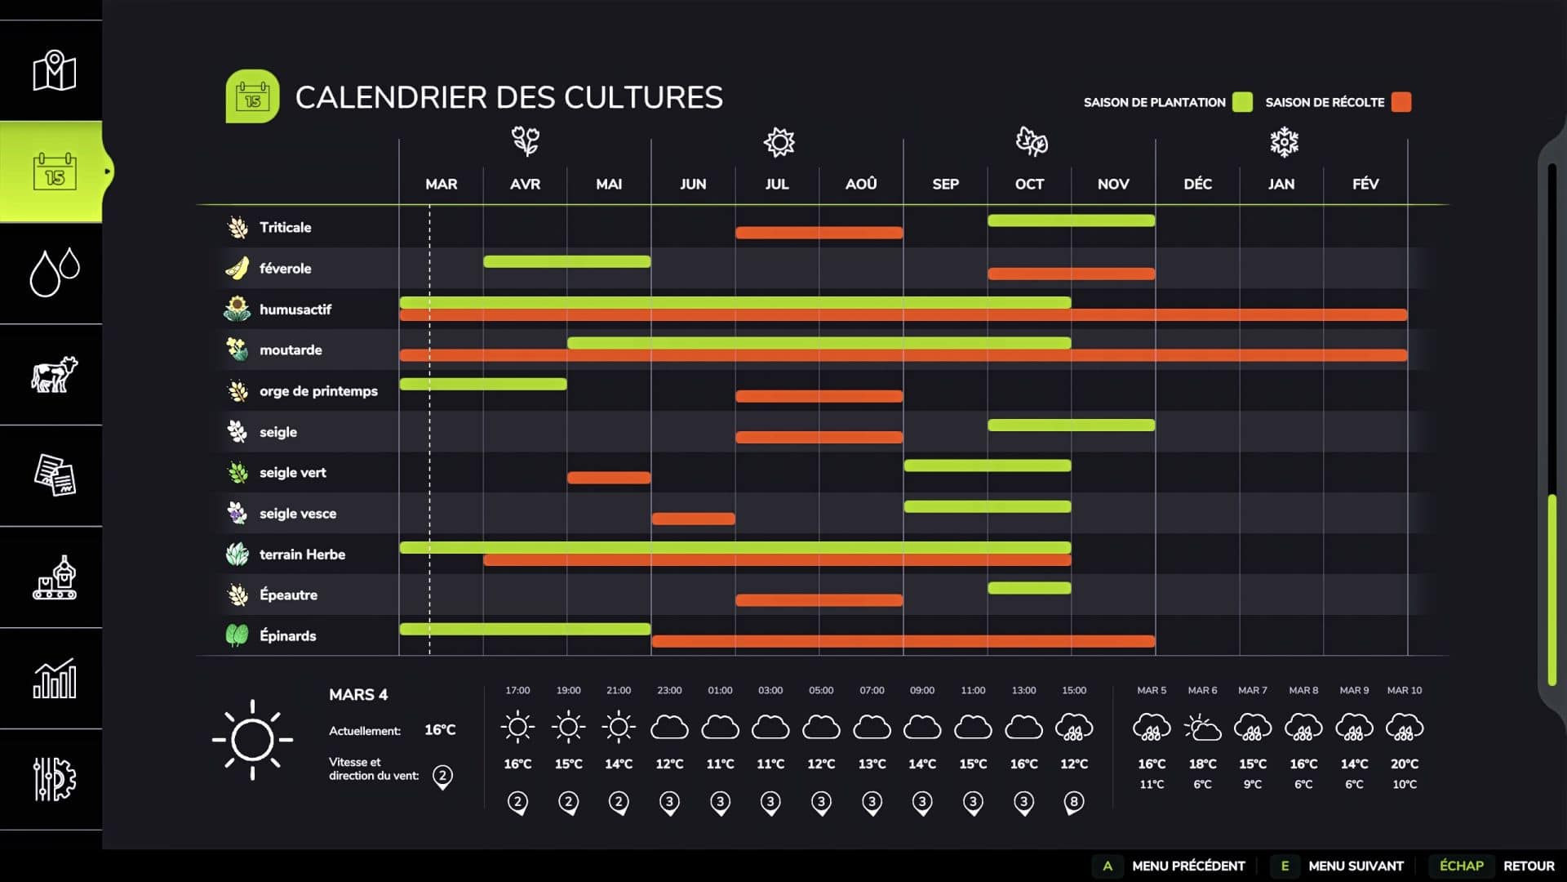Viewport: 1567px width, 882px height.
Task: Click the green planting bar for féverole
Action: point(566,261)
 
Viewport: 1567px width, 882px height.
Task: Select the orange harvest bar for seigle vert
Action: point(609,478)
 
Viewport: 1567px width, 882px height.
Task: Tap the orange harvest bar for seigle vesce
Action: point(693,519)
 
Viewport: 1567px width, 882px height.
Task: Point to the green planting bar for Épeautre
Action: point(1029,588)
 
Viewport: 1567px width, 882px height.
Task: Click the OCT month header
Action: point(1029,185)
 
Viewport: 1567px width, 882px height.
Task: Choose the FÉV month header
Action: point(1365,185)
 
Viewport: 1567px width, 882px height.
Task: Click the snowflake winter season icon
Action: point(1284,142)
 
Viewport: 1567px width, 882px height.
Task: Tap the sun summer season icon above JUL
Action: point(779,142)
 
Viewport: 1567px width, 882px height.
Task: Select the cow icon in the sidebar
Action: point(54,375)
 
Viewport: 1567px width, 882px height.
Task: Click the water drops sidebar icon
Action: point(54,272)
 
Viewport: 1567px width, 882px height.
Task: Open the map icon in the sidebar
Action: point(54,71)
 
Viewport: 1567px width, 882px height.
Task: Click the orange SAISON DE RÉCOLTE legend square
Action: point(1401,102)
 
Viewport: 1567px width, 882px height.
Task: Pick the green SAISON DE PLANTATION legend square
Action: point(1242,102)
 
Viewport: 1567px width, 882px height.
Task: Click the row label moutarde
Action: point(291,350)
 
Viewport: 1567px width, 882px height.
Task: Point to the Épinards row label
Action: point(287,636)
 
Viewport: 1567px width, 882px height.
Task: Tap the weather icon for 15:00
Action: point(1073,727)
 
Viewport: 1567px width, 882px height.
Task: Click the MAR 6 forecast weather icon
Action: point(1202,727)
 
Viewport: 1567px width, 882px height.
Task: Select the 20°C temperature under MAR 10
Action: point(1404,764)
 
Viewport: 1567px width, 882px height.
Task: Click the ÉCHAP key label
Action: point(1461,866)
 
